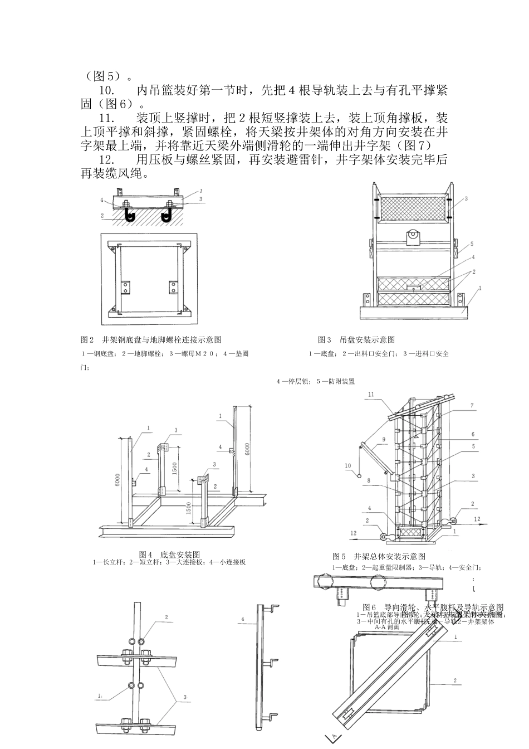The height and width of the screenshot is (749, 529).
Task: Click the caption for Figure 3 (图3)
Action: (x=356, y=339)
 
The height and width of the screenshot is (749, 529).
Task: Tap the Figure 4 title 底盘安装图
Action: (x=170, y=555)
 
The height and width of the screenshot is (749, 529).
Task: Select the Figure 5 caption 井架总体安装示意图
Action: (x=379, y=556)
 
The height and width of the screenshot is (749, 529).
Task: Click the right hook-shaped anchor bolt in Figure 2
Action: (x=165, y=215)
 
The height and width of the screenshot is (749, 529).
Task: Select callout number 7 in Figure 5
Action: (x=472, y=406)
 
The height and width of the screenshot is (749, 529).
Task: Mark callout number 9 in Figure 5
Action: (x=384, y=439)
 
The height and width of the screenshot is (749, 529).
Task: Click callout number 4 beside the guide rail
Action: (x=243, y=619)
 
